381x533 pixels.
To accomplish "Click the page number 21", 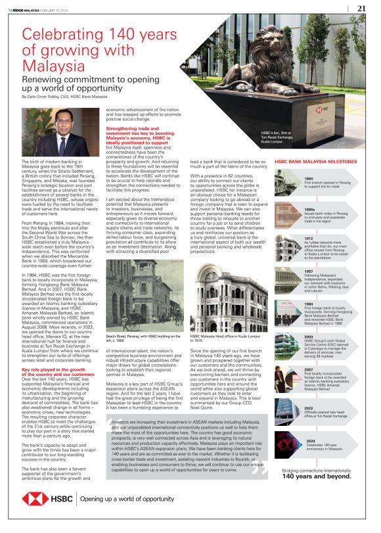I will click(361, 9).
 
